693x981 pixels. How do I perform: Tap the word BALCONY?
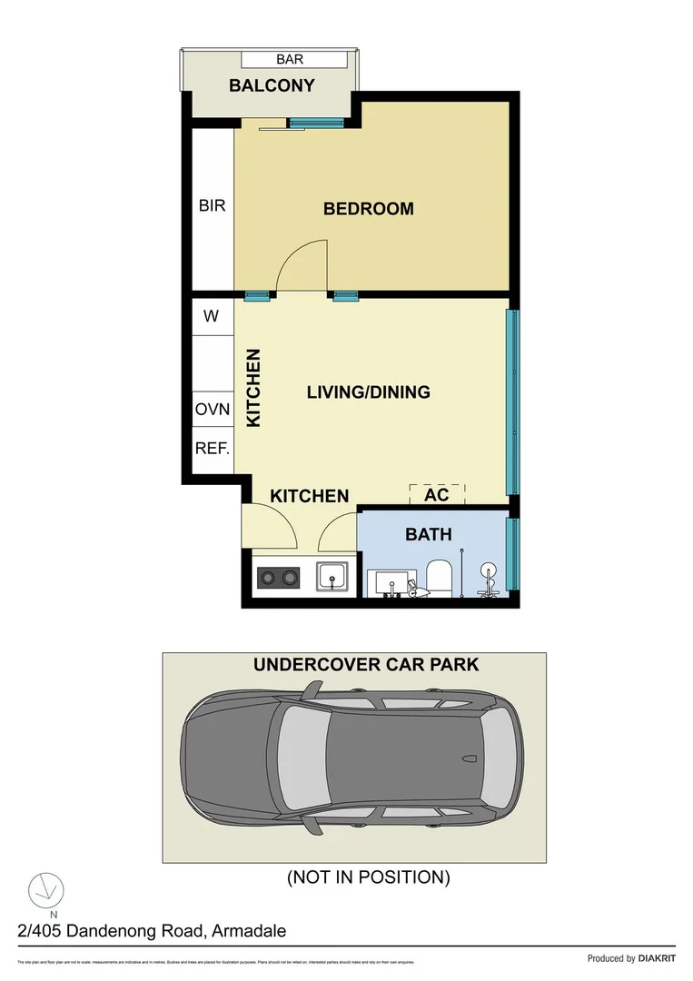[x=272, y=86]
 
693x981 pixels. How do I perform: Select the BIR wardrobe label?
[x=212, y=206]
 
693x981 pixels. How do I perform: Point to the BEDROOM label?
[x=368, y=209]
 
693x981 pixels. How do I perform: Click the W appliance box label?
[x=212, y=317]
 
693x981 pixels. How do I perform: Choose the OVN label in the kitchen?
[x=213, y=410]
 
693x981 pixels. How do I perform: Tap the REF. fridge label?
[x=213, y=448]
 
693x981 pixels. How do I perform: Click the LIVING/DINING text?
[x=368, y=392]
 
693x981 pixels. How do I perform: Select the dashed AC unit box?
[x=437, y=495]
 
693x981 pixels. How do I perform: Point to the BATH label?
[x=428, y=534]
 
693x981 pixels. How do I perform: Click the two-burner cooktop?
[x=279, y=577]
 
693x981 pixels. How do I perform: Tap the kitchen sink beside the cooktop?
[x=332, y=576]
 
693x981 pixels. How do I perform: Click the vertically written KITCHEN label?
[x=254, y=388]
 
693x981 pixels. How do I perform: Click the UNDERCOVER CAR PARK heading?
[x=365, y=665]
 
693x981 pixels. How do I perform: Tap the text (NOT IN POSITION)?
[x=368, y=877]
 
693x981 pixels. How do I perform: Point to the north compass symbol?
[x=45, y=889]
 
